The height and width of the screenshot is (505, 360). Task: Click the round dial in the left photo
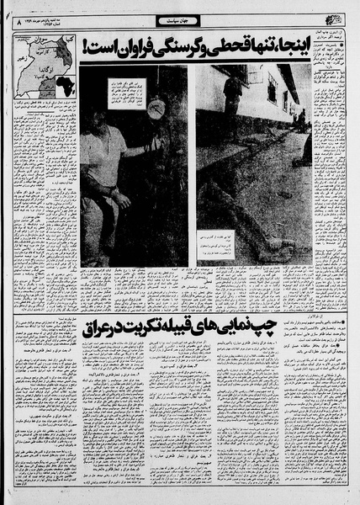(x=155, y=109)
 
